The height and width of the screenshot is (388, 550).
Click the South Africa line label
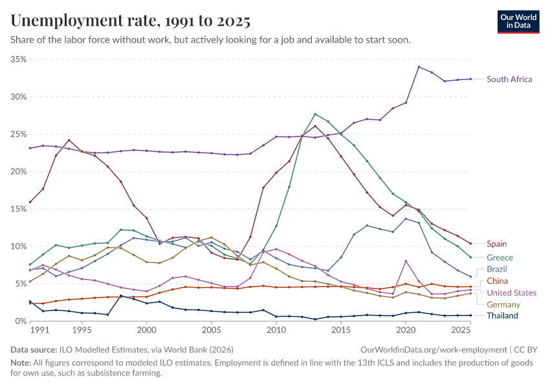509,80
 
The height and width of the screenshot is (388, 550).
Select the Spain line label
496,244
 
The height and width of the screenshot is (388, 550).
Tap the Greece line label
500,257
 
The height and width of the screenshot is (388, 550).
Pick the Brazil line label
497,269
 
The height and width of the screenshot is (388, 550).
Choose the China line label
497,281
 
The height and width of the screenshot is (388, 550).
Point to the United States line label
511,293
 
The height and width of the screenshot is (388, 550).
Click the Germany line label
503,305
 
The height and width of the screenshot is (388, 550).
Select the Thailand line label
503,316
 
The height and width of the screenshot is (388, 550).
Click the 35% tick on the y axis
19,59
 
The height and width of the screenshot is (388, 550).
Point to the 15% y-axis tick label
19,209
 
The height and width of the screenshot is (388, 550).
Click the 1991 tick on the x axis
40,330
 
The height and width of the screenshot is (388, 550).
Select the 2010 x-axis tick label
276,330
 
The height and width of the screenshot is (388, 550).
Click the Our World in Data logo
519,21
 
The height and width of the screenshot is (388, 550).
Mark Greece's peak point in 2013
315,114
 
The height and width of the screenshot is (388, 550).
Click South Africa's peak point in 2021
419,67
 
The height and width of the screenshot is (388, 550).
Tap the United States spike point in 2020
406,261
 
